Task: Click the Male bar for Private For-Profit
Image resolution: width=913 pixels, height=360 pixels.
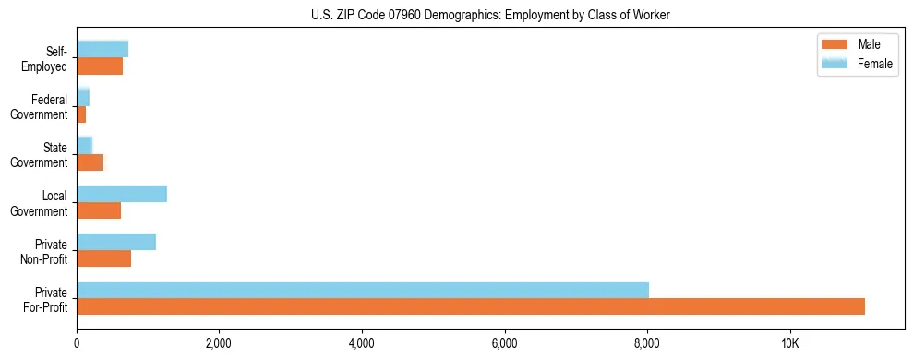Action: (471, 306)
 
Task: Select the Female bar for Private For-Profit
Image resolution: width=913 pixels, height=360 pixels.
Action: (363, 290)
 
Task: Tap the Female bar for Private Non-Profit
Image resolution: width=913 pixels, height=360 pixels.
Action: (116, 242)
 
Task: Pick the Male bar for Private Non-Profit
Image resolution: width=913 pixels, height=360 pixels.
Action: (103, 258)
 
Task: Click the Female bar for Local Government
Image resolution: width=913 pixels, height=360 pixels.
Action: (122, 194)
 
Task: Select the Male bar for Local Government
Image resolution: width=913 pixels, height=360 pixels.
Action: (99, 210)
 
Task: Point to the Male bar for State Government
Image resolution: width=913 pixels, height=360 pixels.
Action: (90, 162)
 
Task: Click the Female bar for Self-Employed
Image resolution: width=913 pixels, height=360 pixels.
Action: (102, 49)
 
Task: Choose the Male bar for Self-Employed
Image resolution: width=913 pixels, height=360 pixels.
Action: (100, 66)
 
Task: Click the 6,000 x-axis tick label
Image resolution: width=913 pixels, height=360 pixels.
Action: (504, 342)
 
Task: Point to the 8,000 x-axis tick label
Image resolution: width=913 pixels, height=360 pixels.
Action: (647, 342)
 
